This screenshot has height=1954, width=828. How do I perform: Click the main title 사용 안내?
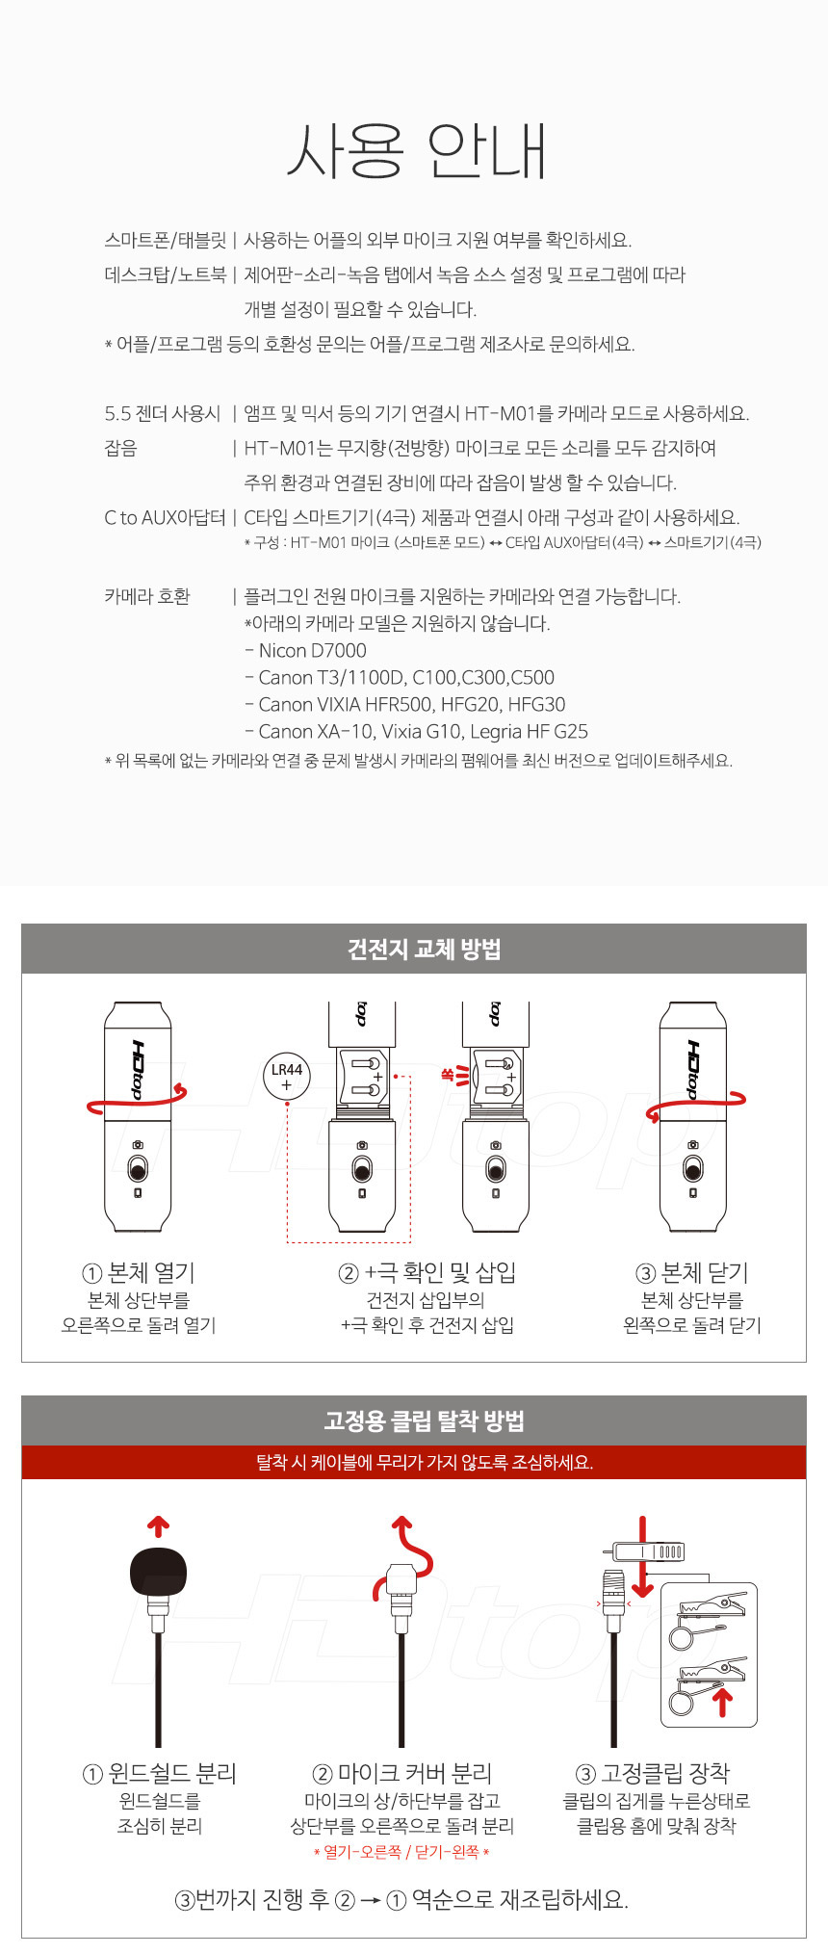pos(417,151)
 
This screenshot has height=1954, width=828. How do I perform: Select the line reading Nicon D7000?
pos(306,651)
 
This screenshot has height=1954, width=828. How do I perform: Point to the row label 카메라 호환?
pos(147,596)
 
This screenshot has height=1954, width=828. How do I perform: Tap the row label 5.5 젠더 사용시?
pos(163,414)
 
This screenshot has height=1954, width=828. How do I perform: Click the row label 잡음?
pos(121,449)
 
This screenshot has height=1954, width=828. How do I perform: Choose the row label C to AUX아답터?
pos(165,518)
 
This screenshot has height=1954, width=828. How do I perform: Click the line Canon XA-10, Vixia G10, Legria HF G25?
pos(417,732)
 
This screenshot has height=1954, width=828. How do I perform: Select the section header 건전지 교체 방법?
pos(425,950)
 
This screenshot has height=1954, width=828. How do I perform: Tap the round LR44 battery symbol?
pos(287,1077)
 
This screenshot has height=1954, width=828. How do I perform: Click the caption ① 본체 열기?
pos(139,1273)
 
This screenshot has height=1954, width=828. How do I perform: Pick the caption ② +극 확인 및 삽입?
pos(427,1273)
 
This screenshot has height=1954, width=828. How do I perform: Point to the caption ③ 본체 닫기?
pos(692,1273)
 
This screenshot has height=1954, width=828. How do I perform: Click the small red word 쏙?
pos(447,1074)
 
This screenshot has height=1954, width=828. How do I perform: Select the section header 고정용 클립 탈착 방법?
pos(425,1421)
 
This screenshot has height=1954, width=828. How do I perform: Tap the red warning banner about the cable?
pos(414,1463)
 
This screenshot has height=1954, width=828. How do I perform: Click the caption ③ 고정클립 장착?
pos(653,1774)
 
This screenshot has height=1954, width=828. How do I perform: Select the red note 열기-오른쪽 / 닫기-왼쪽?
pos(401,1852)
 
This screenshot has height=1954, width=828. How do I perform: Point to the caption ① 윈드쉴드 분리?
pos(160,1774)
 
